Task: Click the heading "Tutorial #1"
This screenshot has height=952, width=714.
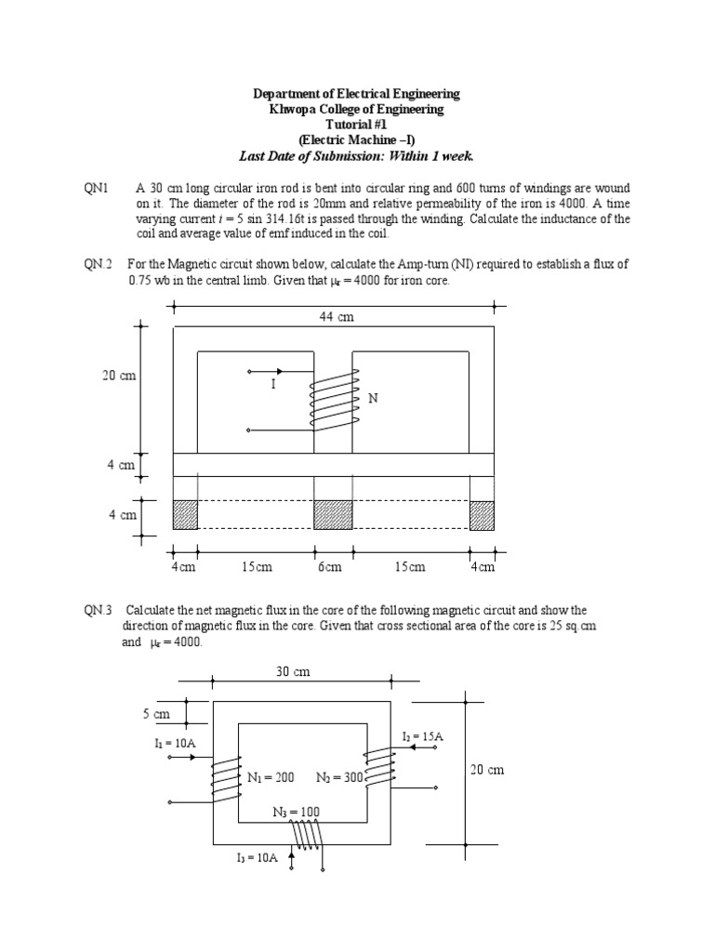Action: (x=357, y=125)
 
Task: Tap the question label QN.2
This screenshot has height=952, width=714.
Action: (x=98, y=264)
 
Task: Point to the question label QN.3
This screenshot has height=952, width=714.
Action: (x=98, y=610)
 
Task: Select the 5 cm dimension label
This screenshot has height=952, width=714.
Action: (x=156, y=714)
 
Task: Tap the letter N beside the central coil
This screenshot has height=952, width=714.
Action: (x=374, y=398)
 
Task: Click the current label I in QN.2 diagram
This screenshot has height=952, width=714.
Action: (x=273, y=382)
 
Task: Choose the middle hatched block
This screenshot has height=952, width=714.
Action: (x=333, y=514)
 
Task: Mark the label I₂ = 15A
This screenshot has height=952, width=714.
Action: (x=423, y=736)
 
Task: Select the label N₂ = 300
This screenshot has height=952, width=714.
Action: (x=338, y=776)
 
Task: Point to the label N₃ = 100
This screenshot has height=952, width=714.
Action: (x=296, y=812)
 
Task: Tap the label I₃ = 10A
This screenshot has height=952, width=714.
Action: (x=257, y=858)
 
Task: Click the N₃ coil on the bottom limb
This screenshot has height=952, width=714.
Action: (x=305, y=835)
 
